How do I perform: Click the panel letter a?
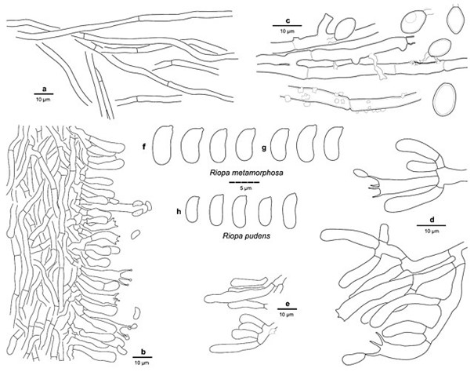pyautogui.click(x=45, y=89)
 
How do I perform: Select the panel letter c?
pyautogui.click(x=288, y=20)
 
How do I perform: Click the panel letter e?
pyautogui.click(x=288, y=304)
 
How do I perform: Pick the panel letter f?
pyautogui.click(x=144, y=147)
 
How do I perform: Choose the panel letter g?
pyautogui.click(x=264, y=148)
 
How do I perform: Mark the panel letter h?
pyautogui.click(x=179, y=211)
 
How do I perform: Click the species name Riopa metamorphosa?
pyautogui.click(x=246, y=173)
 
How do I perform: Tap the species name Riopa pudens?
pyautogui.click(x=246, y=235)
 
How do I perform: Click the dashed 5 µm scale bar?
pyautogui.click(x=244, y=183)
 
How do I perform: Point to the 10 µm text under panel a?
pyautogui.click(x=44, y=100)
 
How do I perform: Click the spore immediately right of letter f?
pyautogui.click(x=163, y=145)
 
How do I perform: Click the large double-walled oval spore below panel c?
pyautogui.click(x=444, y=100)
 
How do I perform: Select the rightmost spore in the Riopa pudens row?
pyautogui.click(x=290, y=211)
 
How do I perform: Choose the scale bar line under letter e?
pyautogui.click(x=288, y=309)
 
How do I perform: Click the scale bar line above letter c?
pyautogui.click(x=288, y=25)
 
